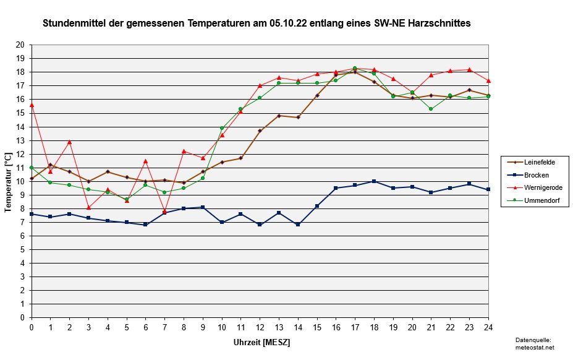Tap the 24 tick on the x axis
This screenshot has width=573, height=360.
point(489,327)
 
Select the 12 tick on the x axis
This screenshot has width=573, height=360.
point(260,327)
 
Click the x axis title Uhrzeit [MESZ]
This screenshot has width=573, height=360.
point(261,342)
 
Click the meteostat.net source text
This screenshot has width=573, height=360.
point(535,348)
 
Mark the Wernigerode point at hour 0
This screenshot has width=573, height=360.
point(32,105)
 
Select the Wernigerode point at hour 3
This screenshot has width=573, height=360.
point(88,207)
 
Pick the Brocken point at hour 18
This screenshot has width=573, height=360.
point(374,181)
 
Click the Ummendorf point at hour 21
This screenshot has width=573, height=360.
point(431,109)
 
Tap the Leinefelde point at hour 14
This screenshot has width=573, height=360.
point(298,117)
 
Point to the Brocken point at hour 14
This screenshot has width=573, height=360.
point(298,225)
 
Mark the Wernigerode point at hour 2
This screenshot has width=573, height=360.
point(69,142)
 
